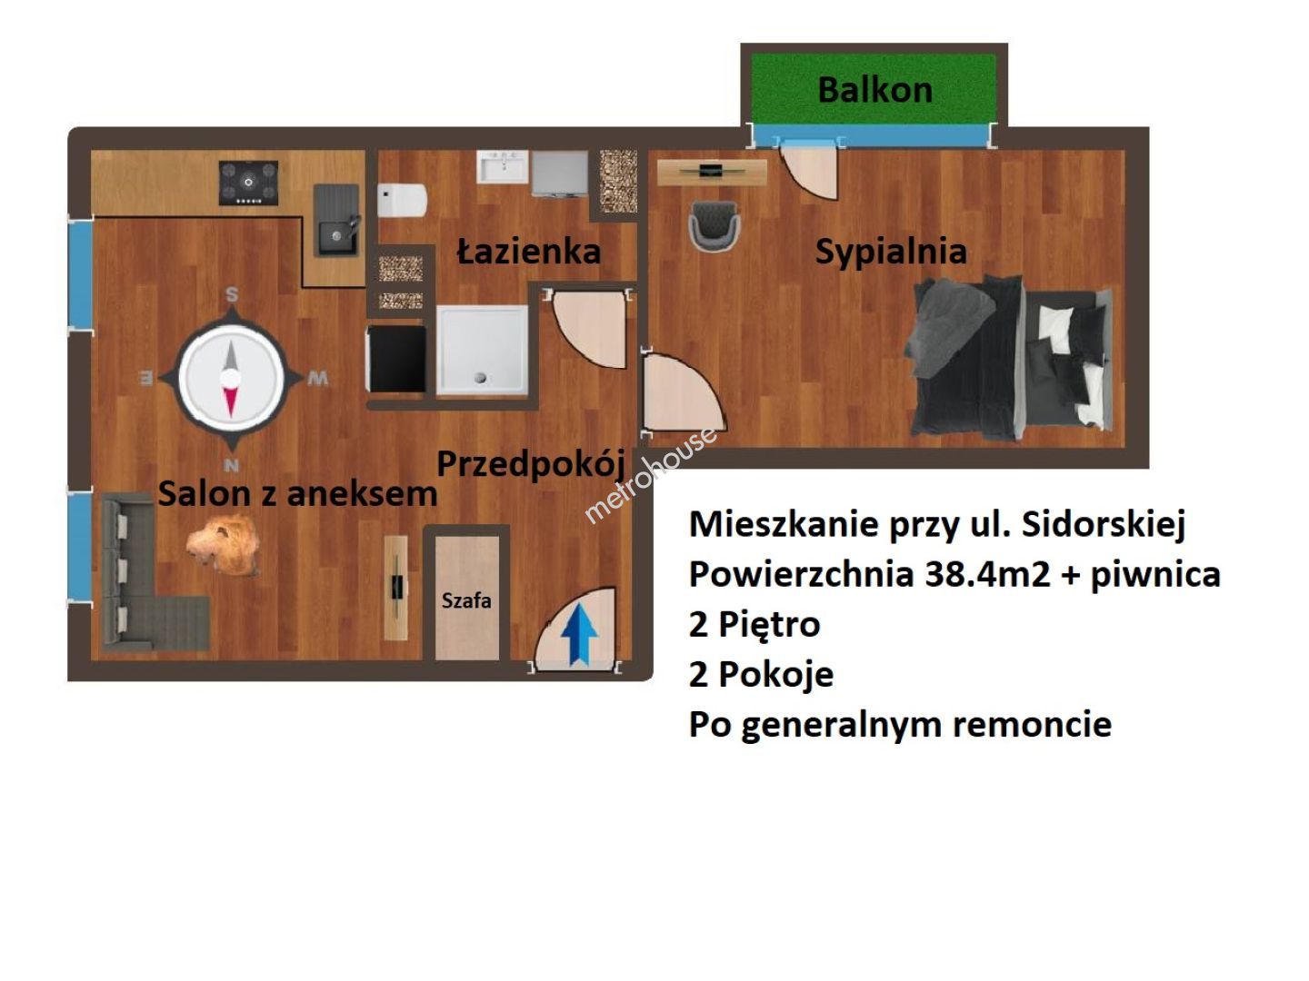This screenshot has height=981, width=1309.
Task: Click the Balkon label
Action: click(x=874, y=91)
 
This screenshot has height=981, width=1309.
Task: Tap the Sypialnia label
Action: click(x=890, y=252)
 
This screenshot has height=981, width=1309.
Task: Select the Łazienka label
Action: click(x=528, y=252)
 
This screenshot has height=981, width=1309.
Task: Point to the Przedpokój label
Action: click(x=531, y=464)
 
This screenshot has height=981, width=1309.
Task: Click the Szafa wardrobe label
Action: click(x=466, y=600)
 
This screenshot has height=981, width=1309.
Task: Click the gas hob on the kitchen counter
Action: click(x=248, y=183)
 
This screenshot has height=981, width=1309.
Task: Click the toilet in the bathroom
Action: click(x=402, y=200)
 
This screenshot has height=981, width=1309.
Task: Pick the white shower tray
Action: click(x=482, y=350)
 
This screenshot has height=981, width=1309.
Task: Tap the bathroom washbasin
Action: click(x=502, y=167)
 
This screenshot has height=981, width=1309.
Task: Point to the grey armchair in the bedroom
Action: click(x=714, y=224)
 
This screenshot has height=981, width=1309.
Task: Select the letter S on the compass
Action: click(x=232, y=294)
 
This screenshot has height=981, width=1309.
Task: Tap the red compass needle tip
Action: click(x=230, y=415)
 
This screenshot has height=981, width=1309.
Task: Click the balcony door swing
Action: click(x=810, y=169)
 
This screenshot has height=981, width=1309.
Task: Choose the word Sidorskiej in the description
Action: click(x=1104, y=525)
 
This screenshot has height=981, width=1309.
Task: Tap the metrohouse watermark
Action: click(x=651, y=475)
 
